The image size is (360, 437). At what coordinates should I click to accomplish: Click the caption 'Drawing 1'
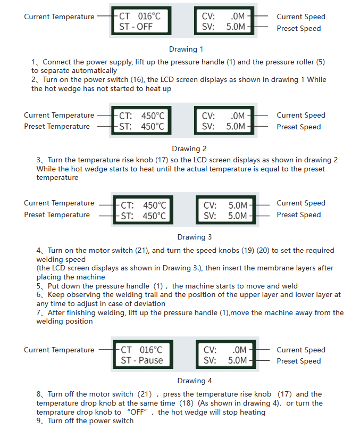click(186, 49)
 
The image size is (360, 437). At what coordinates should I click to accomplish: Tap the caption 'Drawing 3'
click(195, 237)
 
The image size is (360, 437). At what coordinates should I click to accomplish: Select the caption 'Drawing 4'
click(195, 381)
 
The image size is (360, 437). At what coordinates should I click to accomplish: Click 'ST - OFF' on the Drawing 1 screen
click(136, 27)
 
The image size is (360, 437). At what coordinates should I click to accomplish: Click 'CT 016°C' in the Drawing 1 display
click(139, 16)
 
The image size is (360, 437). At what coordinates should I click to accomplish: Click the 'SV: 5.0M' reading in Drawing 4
click(225, 360)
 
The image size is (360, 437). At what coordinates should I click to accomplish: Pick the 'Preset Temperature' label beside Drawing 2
click(57, 127)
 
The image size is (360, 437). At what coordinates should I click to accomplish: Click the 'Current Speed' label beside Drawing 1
click(300, 17)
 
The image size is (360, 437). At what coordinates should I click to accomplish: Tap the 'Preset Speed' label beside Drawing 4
click(298, 361)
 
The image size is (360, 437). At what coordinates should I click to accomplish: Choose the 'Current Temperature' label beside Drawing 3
click(58, 203)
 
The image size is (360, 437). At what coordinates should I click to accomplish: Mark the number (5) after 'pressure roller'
click(320, 62)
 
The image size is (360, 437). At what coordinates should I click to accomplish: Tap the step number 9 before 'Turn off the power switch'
click(39, 421)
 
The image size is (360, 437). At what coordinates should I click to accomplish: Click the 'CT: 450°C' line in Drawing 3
click(143, 205)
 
